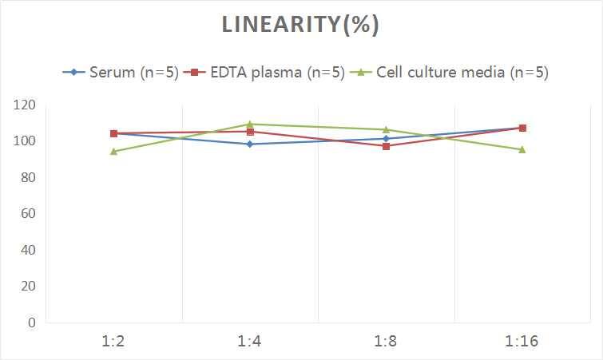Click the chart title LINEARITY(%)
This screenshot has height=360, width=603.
[300, 25]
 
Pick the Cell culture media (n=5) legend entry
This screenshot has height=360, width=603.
[451, 72]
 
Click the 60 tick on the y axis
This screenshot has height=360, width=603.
[28, 214]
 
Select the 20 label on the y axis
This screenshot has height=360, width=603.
[28, 286]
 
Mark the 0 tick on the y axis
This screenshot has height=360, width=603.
[32, 322]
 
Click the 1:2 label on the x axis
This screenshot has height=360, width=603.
[113, 342]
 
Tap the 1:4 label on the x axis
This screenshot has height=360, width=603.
[250, 342]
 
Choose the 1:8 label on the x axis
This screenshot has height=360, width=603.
[387, 342]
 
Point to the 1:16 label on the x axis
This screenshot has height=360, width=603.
[522, 342]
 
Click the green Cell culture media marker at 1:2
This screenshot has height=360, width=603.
[113, 152]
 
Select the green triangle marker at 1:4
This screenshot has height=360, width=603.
[250, 125]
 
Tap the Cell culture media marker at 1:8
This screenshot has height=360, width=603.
[387, 129]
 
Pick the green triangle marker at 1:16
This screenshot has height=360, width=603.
[522, 149]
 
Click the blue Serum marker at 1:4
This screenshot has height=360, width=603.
[250, 144]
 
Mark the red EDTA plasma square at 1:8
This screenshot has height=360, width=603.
[387, 146]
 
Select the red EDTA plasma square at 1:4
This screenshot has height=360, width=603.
[250, 132]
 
